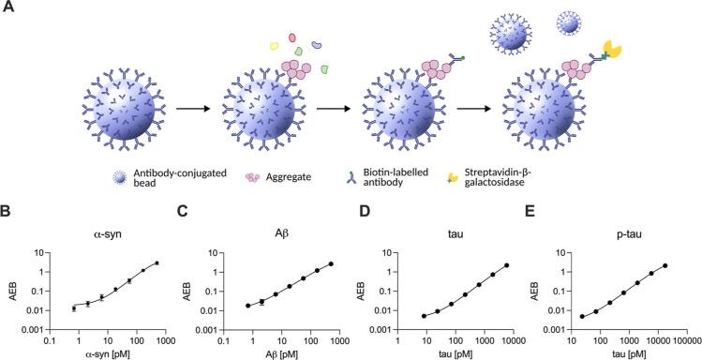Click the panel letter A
7,8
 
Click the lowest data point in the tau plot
424,316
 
